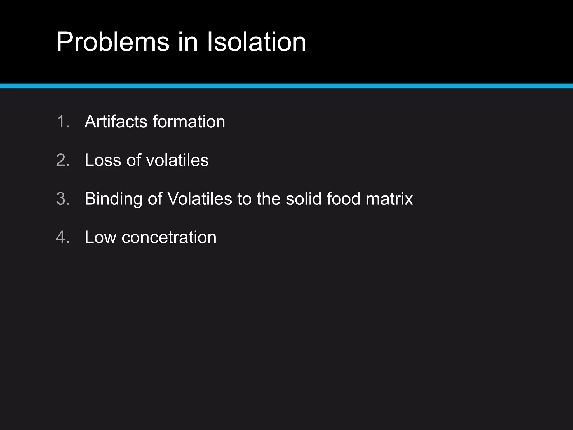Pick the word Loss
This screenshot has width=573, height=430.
103,160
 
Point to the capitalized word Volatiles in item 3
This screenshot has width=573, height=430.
199,199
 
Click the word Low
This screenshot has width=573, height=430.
100,237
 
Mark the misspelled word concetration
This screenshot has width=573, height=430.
169,237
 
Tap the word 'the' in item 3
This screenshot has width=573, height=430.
269,199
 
